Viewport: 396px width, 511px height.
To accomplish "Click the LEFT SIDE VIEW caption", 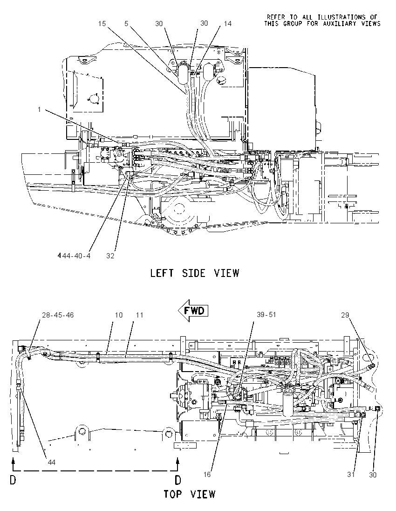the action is pos(194,273).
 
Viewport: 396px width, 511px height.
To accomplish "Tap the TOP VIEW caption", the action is pos(189,494).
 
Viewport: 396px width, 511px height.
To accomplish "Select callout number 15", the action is pos(102,24).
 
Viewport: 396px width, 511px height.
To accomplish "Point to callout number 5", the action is pos(126,24).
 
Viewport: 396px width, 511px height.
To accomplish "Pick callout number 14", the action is pos(228,24).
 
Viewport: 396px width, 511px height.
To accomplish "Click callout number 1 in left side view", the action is pos(40,110).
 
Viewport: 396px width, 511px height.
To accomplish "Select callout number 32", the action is pos(110,256).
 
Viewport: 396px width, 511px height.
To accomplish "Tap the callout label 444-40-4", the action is pos(74,256).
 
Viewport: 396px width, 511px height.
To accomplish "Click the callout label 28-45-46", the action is pos(58,315).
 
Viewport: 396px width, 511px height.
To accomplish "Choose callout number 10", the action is pos(118,315).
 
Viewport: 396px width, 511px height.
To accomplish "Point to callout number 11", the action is pos(140,315).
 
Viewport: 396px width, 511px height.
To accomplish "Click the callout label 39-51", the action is pos(266,315).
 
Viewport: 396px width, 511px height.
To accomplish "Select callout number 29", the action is pos(345,315).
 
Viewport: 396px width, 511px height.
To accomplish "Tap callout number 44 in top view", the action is pos(51,462).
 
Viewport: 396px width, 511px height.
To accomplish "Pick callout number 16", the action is pos(207,475).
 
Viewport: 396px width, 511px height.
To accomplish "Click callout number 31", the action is pos(351,475).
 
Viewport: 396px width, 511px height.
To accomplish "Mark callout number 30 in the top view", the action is pos(373,475).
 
